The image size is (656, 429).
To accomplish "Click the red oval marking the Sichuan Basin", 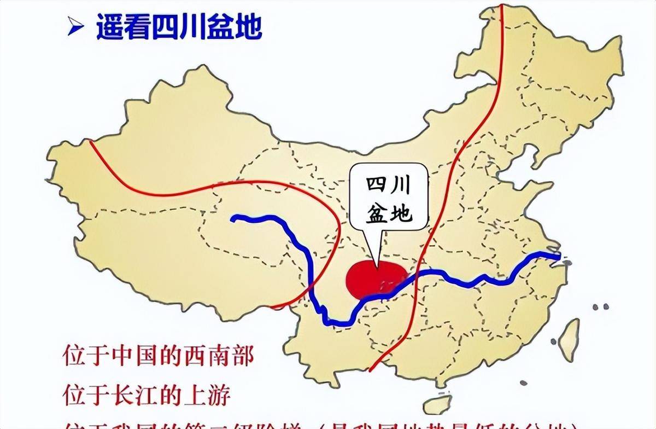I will [x=376, y=279].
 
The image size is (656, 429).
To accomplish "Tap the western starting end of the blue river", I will [x=233, y=219].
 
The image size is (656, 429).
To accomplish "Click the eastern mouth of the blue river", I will [x=558, y=256].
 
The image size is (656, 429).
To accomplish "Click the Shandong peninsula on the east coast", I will [x=538, y=189].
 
